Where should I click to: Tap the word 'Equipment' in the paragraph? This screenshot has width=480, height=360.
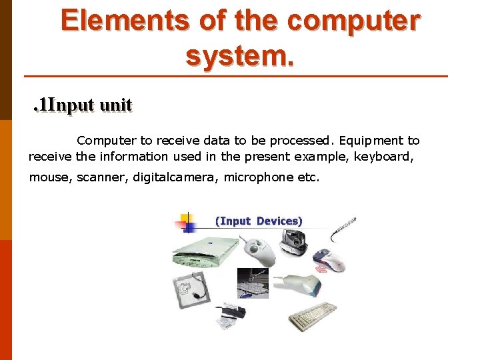pos(370,141)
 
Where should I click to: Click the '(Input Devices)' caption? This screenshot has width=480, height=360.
pos(258,221)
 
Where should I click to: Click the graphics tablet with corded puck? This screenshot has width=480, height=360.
pos(191,290)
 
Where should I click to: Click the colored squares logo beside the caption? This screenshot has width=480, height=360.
pos(185,221)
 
